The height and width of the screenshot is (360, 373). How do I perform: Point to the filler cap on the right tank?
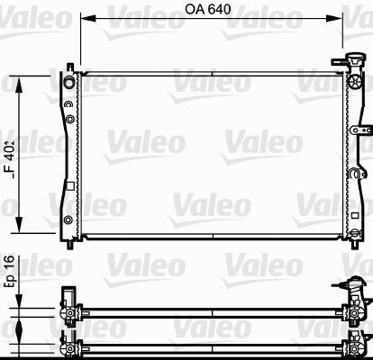coord(343,65)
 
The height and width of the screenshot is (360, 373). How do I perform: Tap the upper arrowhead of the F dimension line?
coord(35,76)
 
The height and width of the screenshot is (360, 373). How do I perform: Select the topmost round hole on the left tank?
coord(70,83)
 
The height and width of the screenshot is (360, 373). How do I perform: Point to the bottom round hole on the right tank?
coord(350,220)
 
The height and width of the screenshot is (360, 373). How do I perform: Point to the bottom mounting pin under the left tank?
coord(72,244)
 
